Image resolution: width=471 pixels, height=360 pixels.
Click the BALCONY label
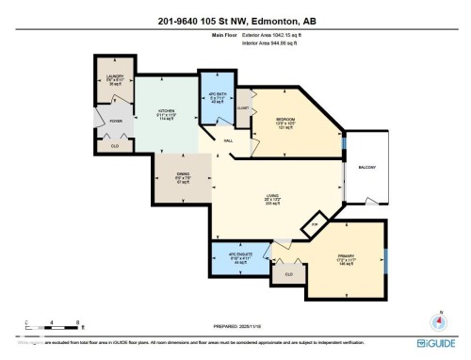[366, 168]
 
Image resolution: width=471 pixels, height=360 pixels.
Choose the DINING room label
[184, 173]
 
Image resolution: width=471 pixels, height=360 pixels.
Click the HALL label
[227, 141]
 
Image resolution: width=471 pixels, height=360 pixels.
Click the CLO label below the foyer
[114, 147]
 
